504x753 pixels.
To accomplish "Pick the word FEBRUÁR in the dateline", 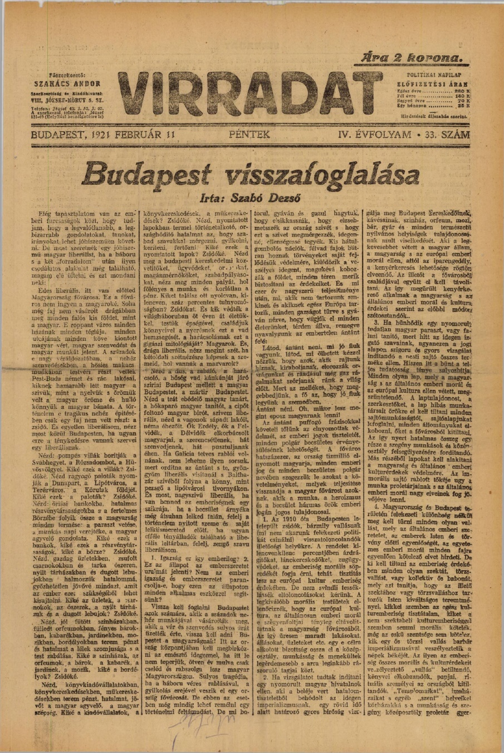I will pyautogui.click(x=139, y=135).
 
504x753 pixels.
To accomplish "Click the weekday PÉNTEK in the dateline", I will pyautogui.click(x=249, y=135).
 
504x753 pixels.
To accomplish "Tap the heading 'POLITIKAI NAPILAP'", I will pyautogui.click(x=429, y=74).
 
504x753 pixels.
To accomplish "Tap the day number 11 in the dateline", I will pyautogui.click(x=169, y=135).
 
